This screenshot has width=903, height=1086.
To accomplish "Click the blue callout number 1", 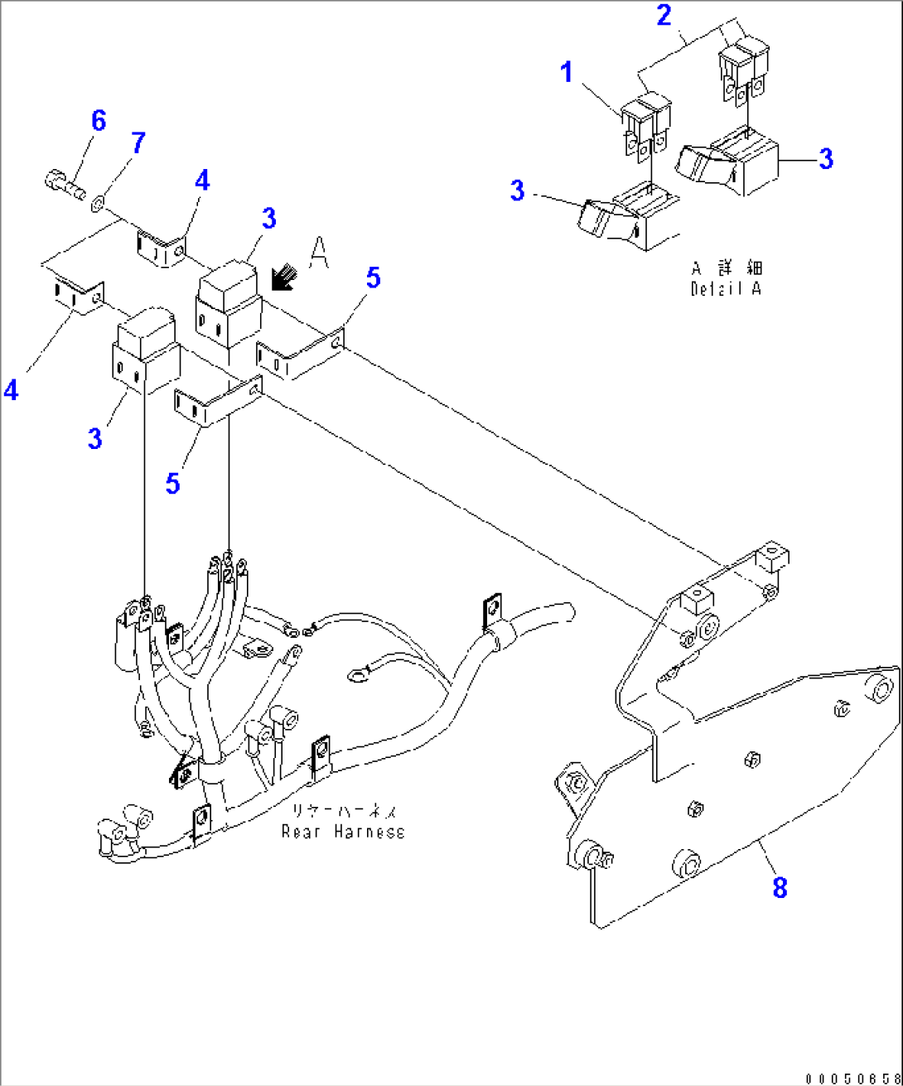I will coord(567,73).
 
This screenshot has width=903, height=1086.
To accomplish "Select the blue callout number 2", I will coord(664,15).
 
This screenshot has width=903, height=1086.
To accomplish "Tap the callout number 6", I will coord(99,121).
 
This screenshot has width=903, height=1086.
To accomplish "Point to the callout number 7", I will coord(138,142).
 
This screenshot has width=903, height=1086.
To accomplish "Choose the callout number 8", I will coord(779,888).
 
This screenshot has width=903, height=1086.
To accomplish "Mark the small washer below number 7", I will coord(99,200).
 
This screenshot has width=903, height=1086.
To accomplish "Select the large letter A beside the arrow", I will coord(318,252).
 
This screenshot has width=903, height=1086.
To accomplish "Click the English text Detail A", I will coord(726,288).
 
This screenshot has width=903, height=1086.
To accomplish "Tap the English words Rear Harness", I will coord(343,831).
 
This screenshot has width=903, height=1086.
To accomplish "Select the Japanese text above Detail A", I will coord(727,268).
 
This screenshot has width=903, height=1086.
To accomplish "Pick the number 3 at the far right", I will coord(825,159).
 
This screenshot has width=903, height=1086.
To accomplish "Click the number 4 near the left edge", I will coord(11,390).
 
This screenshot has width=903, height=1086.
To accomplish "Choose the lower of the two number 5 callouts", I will coord(172,482).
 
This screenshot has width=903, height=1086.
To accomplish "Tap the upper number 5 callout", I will coord(373,278).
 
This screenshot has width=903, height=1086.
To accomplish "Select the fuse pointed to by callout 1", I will coord(646,124).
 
